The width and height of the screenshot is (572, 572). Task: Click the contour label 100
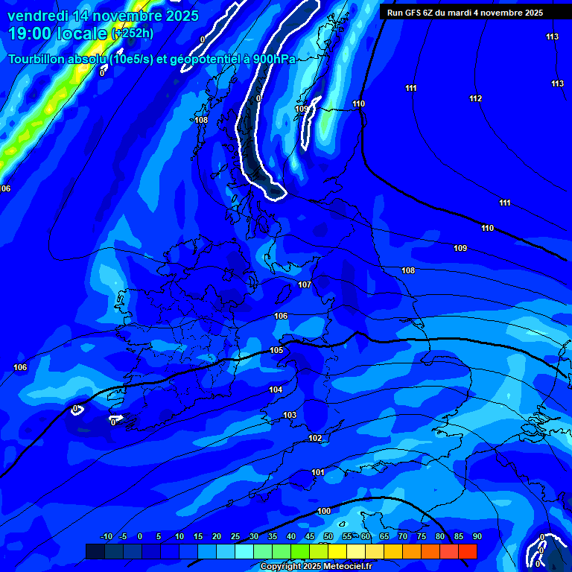(324, 511)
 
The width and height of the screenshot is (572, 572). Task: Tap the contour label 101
(318, 472)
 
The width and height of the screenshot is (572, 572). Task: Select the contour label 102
(315, 438)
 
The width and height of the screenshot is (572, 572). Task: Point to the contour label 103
(290, 415)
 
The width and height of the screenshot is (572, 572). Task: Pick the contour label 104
(276, 390)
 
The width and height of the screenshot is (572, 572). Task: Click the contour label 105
(276, 350)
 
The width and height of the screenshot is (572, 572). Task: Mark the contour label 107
(304, 285)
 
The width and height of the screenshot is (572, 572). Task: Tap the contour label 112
(476, 98)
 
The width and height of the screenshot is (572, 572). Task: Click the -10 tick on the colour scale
(106, 536)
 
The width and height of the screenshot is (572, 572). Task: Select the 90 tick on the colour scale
(477, 536)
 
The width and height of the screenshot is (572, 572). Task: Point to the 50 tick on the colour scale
(328, 536)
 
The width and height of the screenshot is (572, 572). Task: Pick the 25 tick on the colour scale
(235, 536)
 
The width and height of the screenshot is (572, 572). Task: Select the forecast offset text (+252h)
(133, 34)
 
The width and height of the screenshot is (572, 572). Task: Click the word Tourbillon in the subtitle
(39, 60)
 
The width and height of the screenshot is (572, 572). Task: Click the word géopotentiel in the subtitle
(206, 60)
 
